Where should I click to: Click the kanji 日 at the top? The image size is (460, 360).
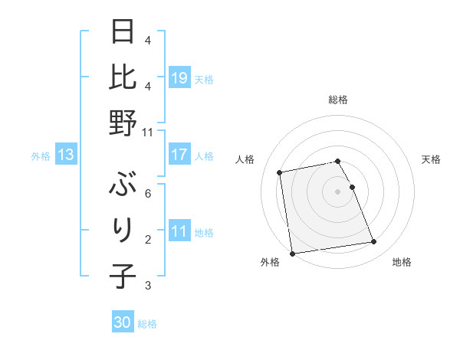[123, 34]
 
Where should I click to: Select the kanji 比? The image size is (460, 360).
[123, 78]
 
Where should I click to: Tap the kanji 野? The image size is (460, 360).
[123, 123]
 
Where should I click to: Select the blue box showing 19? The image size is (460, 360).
[179, 77]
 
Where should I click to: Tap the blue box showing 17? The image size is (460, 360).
[179, 155]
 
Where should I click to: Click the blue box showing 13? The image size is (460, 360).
[66, 155]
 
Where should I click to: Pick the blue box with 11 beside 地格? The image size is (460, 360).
[179, 231]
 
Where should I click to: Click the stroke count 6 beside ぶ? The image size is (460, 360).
[148, 195]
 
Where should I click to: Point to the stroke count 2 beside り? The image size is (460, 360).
[148, 240]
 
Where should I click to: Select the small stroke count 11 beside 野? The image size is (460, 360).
[148, 132]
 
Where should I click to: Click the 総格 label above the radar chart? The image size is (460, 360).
[338, 100]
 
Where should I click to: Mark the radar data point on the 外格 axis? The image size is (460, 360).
[292, 254]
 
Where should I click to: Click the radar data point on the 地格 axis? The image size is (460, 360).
[373, 242]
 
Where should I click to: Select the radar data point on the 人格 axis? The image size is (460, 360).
[281, 172]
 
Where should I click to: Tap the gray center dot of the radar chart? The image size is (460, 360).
[338, 191]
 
